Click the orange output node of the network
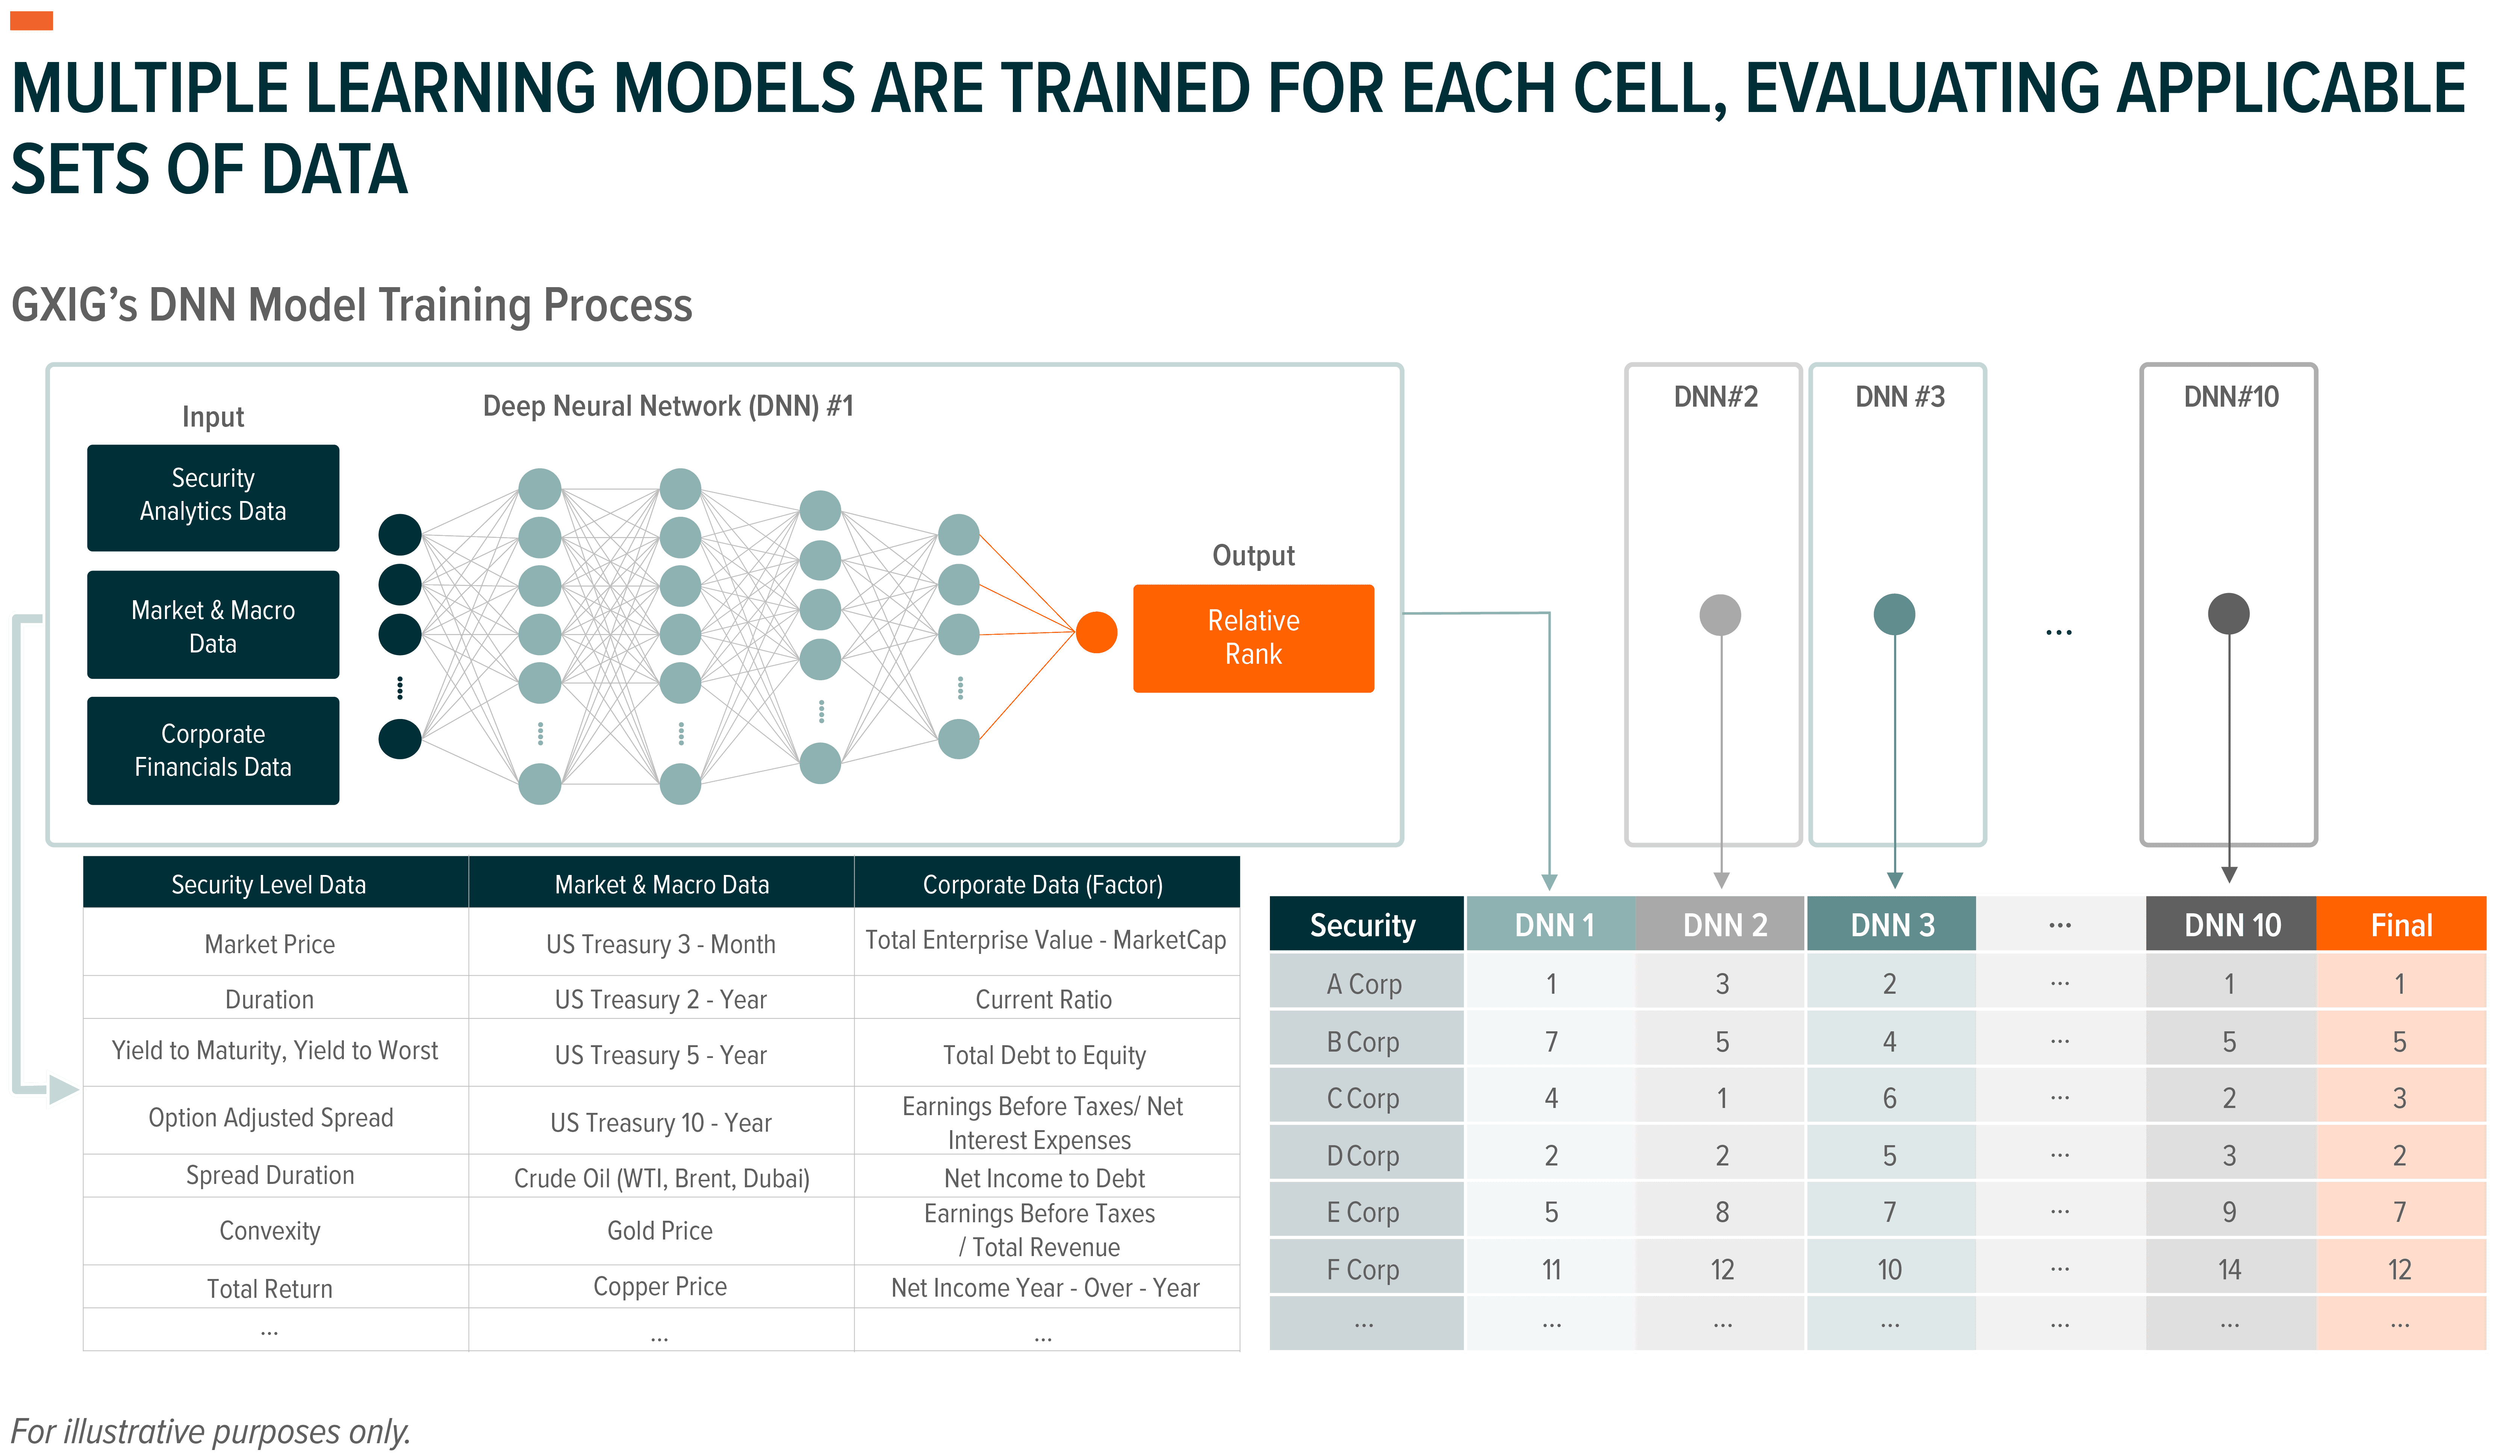pos(1096,633)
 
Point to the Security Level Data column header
pos(268,884)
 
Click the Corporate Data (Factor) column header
pos(1042,884)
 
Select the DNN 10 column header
pos(2232,925)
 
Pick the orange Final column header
pos(2401,925)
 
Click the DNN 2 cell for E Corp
pos(1721,1211)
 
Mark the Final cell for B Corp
pos(2400,1041)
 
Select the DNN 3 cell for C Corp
pos(1889,1098)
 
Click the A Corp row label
pos(1363,984)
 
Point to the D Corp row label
pos(1363,1156)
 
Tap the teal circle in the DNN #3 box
pos(1893,614)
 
